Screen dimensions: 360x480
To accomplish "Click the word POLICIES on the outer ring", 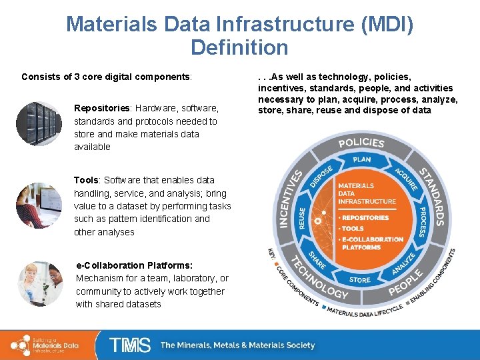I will click(361, 142).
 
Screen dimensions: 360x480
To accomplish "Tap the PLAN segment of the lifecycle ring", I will click(361, 160).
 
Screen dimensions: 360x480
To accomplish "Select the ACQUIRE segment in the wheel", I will click(405, 178).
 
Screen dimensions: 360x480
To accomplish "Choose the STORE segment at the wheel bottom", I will click(360, 280).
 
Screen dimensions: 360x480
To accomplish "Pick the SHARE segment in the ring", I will click(317, 261).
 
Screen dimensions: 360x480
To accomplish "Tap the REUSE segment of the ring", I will click(301, 218).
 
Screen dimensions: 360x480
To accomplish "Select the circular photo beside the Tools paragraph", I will click(39, 205).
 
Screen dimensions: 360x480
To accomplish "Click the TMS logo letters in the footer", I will click(131, 345).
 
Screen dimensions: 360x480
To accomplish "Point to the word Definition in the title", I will click(239, 48).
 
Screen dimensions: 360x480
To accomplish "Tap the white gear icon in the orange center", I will click(319, 220).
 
